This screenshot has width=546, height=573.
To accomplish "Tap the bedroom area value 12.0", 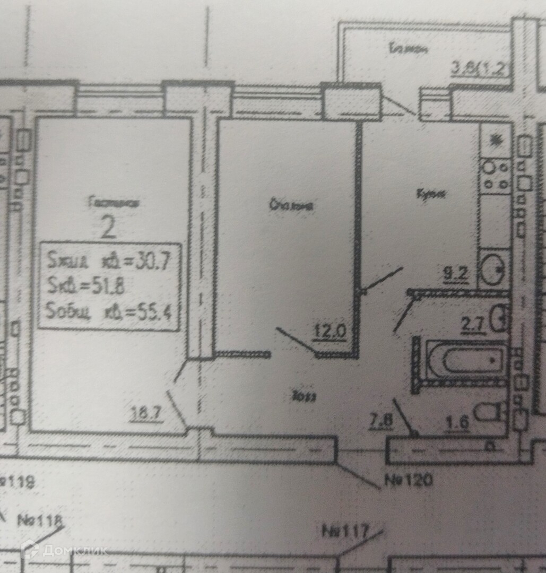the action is (330, 332).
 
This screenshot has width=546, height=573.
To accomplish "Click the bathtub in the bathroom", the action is (467, 361).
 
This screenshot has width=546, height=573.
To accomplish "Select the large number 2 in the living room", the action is (109, 228).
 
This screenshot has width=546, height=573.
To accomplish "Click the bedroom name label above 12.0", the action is (292, 205).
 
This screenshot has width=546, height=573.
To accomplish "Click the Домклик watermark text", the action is (74, 550).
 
